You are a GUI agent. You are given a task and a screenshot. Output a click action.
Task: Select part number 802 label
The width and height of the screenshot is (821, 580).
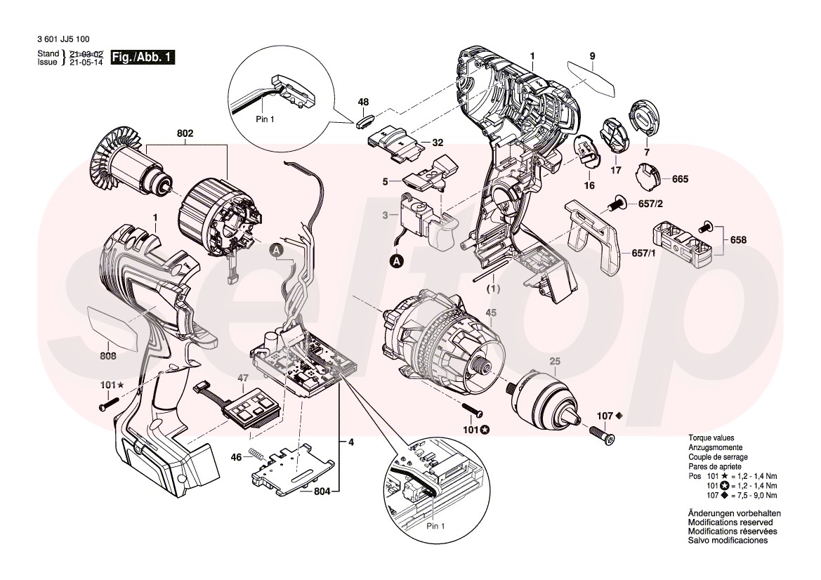coord(185,133)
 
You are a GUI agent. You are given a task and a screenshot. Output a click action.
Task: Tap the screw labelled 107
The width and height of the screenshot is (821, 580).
coord(601,435)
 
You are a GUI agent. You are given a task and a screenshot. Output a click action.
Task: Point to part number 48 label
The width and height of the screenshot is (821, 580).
coord(363,103)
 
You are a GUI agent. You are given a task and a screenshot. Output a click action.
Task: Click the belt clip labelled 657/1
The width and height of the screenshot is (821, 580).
coord(596,235)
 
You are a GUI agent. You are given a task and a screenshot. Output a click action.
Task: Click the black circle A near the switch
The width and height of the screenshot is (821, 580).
coord(396,261)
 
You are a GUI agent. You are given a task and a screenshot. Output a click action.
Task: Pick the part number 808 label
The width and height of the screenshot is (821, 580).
coord(107,356)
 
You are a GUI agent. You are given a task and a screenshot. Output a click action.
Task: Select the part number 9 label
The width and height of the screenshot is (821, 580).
coord(592,55)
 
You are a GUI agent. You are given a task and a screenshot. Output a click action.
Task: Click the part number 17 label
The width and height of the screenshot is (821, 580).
coord(615,170)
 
